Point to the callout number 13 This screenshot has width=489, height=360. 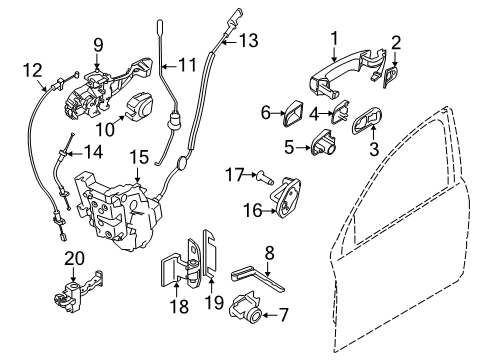pos(248,41)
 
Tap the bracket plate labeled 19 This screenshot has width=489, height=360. pos(212,270)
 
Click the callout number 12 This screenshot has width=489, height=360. pos(33,69)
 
